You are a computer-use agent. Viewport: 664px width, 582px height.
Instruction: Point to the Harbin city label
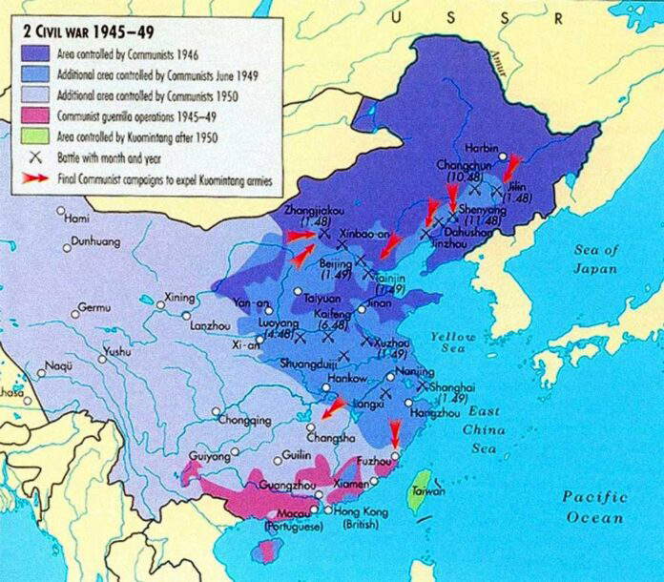(x=480, y=149)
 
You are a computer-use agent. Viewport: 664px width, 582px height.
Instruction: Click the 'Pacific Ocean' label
(x=593, y=507)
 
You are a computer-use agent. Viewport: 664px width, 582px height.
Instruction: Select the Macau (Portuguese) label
(x=296, y=520)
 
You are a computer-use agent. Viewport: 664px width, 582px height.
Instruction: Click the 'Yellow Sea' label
(x=452, y=344)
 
